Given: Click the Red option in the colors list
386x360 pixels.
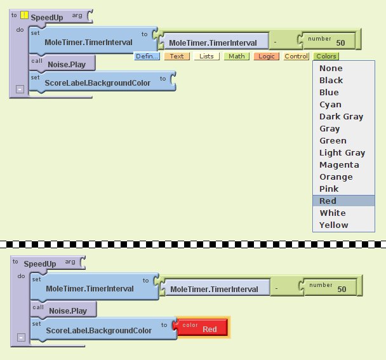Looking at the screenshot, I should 328,201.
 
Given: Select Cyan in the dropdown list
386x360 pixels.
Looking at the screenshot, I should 330,104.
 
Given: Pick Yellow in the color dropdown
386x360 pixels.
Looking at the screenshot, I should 334,225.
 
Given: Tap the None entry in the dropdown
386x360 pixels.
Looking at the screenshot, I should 331,68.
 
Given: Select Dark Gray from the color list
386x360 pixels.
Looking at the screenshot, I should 341,116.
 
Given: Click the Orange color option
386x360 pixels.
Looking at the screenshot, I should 336,177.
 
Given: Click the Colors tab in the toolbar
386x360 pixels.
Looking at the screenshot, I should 326,57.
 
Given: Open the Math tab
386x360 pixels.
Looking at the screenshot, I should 237,57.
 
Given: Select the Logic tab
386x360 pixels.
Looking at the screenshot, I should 266,57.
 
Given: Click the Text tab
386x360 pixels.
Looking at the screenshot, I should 176,57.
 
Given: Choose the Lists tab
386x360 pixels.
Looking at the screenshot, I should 206,57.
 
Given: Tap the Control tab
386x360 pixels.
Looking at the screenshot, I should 296,57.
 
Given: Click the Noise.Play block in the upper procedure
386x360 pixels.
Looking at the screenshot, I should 66,64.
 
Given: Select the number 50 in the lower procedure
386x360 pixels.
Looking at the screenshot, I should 342,289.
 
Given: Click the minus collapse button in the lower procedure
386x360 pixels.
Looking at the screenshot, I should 22,337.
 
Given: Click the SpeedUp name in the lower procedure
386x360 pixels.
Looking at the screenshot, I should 40,263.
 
